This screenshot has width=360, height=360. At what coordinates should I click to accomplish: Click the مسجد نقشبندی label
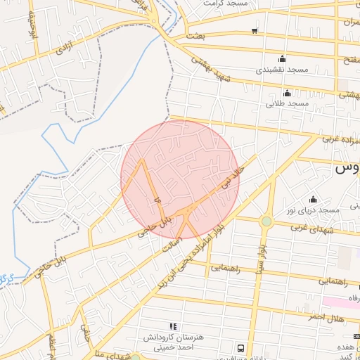[x=283, y=70]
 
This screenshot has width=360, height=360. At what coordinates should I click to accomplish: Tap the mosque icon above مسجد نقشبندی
[x=283, y=58]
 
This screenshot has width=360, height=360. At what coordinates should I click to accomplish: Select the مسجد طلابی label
[x=287, y=104]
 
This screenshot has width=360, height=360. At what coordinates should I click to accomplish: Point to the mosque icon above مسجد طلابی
[x=286, y=93]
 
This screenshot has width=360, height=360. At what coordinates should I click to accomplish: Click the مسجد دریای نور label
[x=318, y=210]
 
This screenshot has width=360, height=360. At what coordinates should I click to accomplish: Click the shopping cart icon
[x=254, y=31]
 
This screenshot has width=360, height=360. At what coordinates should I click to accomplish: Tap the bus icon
[x=241, y=348]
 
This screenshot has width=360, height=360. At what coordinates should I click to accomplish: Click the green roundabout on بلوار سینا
[x=266, y=221]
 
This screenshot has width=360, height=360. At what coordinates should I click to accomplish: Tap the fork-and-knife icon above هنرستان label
[x=174, y=326]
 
